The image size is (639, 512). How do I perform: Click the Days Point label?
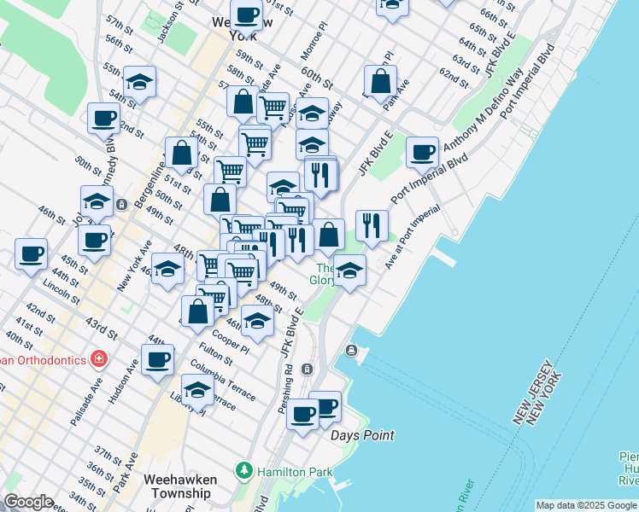point(363,435)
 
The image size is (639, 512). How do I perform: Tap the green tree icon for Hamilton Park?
point(245,470)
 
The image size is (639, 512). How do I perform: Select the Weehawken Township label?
point(179,486)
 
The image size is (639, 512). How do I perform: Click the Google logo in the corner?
point(28,502)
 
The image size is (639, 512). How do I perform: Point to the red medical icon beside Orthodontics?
point(100,358)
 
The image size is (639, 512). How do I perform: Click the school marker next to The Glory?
point(349,272)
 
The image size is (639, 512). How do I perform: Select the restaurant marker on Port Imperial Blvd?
point(372,225)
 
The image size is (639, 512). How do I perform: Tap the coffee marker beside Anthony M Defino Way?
point(422,152)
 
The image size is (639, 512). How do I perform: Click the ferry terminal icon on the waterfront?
point(351,351)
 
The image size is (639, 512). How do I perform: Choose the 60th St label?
point(315,79)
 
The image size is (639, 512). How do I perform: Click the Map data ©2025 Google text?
point(586,505)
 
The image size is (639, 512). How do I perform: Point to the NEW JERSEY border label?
point(536,398)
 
